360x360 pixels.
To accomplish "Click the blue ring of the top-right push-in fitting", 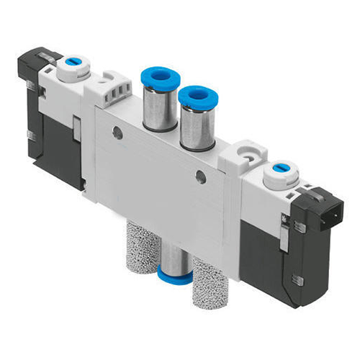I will pyautogui.click(x=192, y=94).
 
